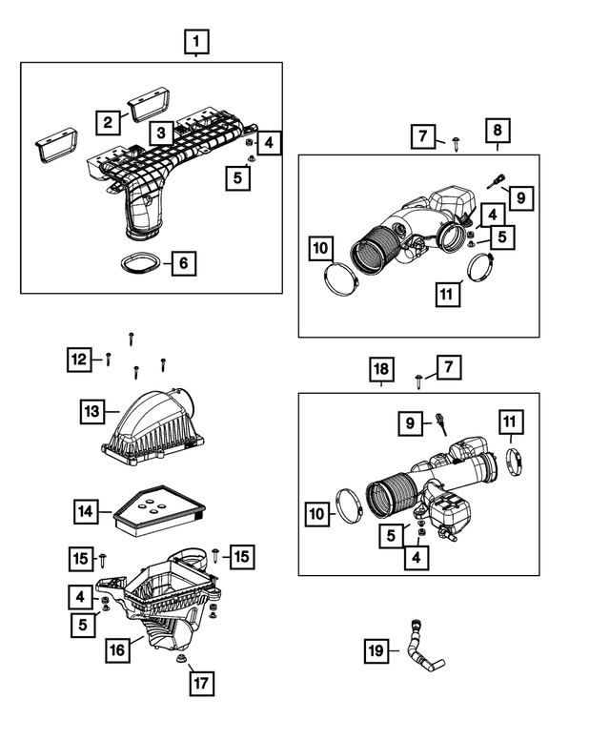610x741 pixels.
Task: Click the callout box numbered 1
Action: (196, 42)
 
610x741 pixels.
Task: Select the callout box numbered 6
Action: (183, 263)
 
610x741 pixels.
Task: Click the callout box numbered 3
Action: (161, 133)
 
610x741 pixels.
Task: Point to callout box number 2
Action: (108, 122)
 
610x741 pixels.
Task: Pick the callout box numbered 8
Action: (498, 130)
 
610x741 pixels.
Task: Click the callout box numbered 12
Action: (79, 360)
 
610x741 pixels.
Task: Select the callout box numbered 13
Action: (92, 411)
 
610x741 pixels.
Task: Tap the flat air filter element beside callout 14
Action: (159, 510)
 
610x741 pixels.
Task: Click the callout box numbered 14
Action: (87, 511)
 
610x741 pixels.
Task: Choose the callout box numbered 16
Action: (117, 649)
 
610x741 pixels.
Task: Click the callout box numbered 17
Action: (202, 683)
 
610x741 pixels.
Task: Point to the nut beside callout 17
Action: (180, 659)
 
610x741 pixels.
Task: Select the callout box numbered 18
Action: (381, 369)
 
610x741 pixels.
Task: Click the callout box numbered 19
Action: (376, 650)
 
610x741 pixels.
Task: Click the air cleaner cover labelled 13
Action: (153, 427)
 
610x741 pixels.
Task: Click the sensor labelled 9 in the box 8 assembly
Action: (496, 181)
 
